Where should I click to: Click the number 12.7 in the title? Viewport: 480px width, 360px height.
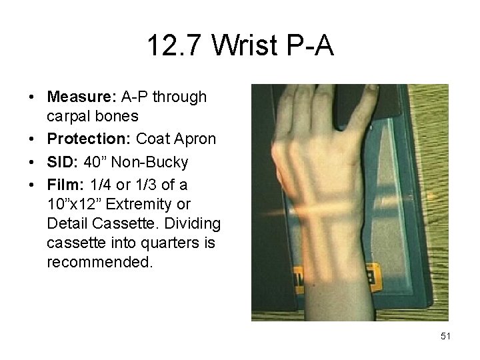point(176,46)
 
